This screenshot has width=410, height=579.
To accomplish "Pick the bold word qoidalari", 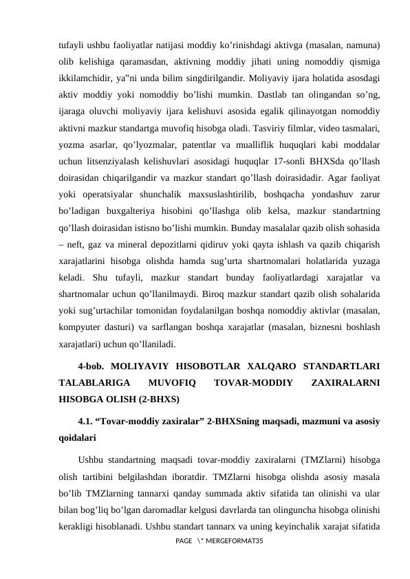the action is (x=76, y=437).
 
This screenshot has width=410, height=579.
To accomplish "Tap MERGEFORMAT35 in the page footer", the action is (x=233, y=543).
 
